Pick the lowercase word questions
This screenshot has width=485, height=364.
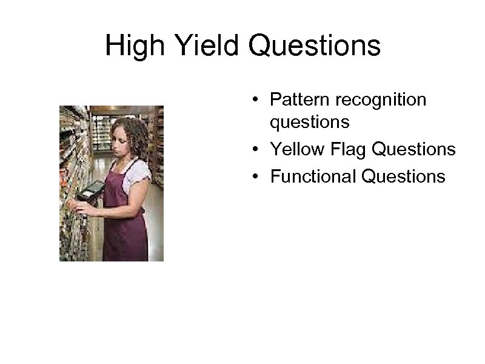pyautogui.click(x=310, y=123)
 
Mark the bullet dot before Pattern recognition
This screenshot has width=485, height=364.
pyautogui.click(x=258, y=99)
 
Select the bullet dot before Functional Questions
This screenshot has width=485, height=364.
pyautogui.click(x=258, y=177)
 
